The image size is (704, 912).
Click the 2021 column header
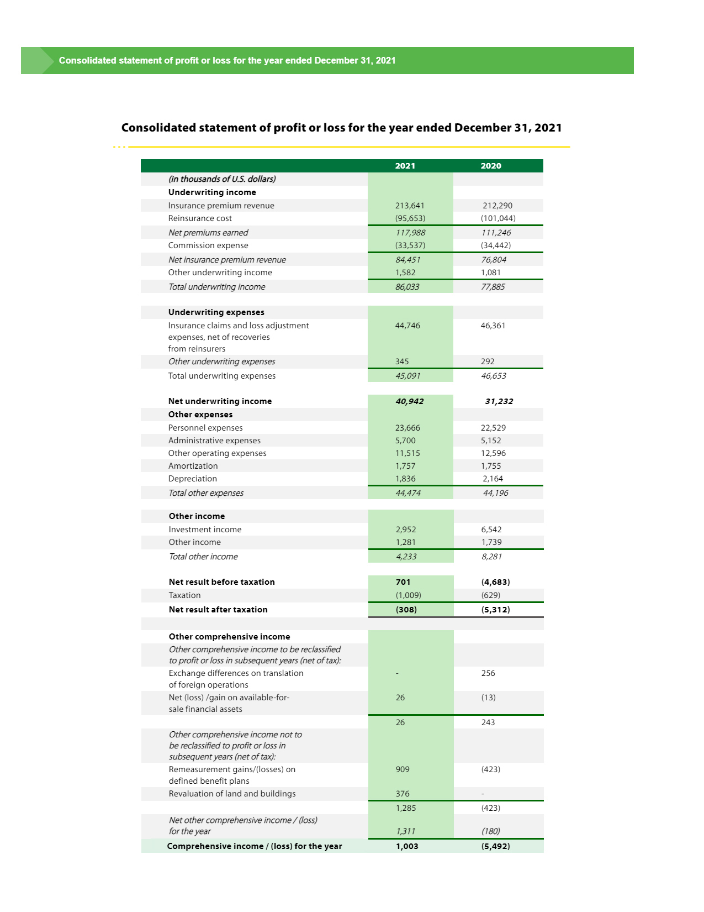pos(405,166)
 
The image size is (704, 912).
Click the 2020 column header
pos(490,166)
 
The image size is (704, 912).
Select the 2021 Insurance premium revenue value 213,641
pos(409,206)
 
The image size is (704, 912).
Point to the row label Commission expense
pos(208,245)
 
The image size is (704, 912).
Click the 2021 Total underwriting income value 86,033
pos(407,287)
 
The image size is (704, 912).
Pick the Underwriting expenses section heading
pos(216,312)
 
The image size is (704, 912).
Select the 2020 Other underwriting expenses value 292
pos(487,361)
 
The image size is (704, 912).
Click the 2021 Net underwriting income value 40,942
pos(409,401)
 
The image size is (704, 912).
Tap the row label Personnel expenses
pos(205,428)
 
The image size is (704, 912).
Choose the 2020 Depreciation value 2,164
pos(493,479)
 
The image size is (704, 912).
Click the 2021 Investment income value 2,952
pos(406,530)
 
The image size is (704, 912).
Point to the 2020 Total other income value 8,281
pos(491,557)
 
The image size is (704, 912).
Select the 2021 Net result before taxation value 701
pos(403,582)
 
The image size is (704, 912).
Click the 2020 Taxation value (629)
pos(490,595)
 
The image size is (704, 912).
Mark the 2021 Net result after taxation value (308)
pos(406,610)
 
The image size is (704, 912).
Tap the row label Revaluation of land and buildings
pos(232,794)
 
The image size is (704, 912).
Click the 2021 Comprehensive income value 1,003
pos(407,846)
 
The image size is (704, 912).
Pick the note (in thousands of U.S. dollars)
pos(222,179)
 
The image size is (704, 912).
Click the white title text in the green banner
pos(227,60)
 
